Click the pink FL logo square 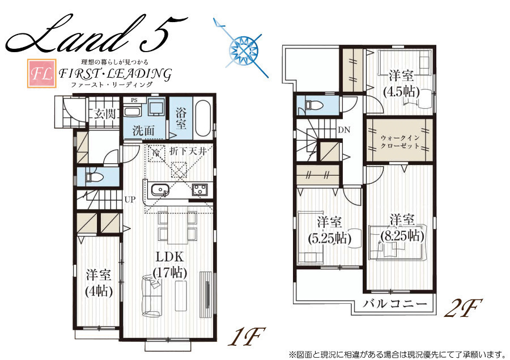coord(42,73)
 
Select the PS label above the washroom coord(134,100)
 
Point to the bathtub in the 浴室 coord(203,118)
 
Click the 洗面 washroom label coord(143,130)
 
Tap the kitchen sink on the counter coord(159,190)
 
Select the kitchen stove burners coord(199,189)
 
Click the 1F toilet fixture coord(93,177)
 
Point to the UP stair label coord(130,200)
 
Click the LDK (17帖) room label coord(169,264)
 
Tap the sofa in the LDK coord(151,295)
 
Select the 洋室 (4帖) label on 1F coord(99,283)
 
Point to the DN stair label coord(344,130)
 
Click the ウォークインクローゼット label coord(399,142)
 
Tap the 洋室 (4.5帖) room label coord(401,84)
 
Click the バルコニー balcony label coord(394,304)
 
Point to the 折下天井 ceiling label coord(188,151)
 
